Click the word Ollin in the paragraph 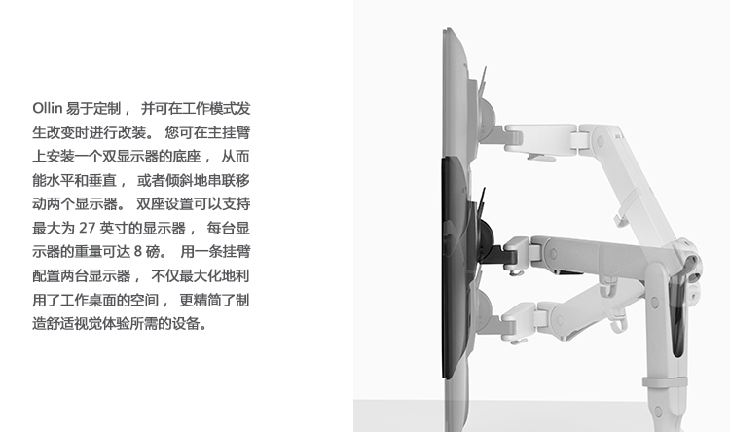[48, 108]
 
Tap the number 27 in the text [88, 228]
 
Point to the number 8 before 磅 [138, 252]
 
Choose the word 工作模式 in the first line [208, 108]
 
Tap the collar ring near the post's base [665, 382]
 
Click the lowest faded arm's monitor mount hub [485, 306]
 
